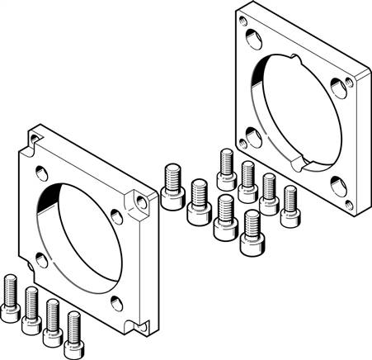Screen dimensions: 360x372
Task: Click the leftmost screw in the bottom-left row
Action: (10, 296)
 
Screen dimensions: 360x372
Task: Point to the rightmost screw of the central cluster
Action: (290, 206)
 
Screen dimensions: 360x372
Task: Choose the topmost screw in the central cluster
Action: (227, 168)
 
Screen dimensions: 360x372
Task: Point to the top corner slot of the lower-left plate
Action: (34, 133)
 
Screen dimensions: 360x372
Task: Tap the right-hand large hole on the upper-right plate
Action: (337, 86)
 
